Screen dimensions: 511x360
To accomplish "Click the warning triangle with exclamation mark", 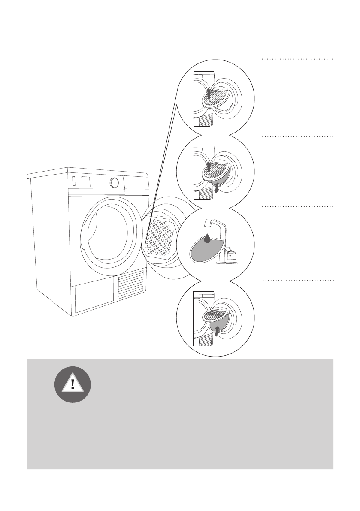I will pyautogui.click(x=73, y=384).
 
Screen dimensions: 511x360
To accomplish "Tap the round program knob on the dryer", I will pyautogui.click(x=114, y=183).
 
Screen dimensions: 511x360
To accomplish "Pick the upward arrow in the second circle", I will pyautogui.click(x=209, y=166).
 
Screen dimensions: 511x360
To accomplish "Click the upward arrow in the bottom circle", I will pyautogui.click(x=217, y=330).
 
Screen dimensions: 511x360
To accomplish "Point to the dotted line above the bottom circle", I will pyautogui.click(x=297, y=281).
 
